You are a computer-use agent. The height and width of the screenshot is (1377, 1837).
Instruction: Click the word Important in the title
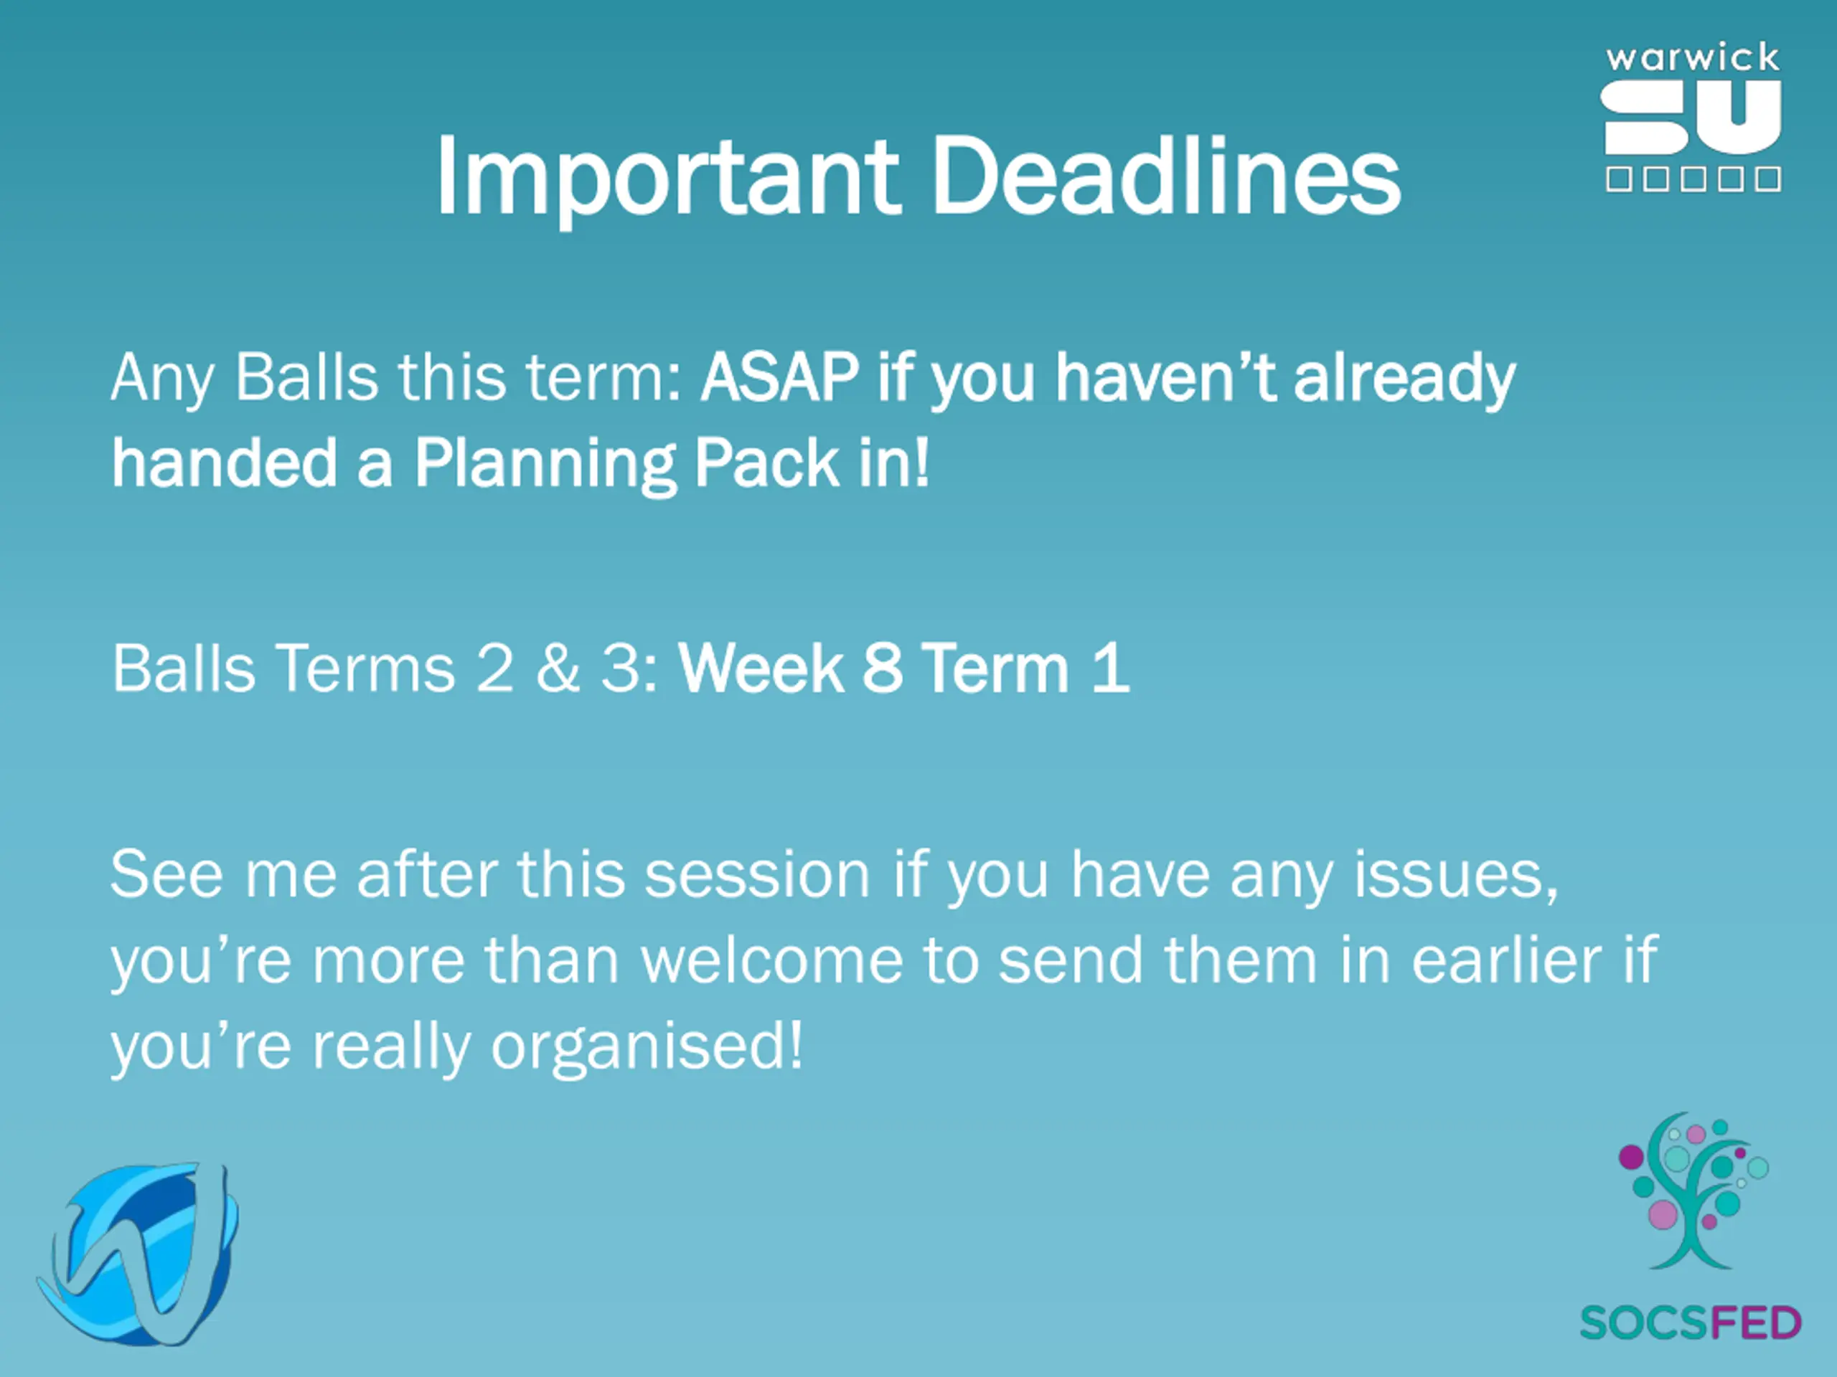click(669, 178)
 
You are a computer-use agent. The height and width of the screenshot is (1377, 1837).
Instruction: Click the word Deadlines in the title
click(1167, 175)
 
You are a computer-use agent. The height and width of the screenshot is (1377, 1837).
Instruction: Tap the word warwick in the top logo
click(1693, 57)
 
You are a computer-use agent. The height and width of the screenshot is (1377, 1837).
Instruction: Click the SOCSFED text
click(1690, 1323)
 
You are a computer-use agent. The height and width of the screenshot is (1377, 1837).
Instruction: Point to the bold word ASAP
click(780, 378)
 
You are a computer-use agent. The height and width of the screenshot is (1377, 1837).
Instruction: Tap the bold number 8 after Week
click(882, 668)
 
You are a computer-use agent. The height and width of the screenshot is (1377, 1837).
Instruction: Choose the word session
click(757, 875)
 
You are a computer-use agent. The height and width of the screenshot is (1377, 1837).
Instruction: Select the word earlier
click(1506, 960)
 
